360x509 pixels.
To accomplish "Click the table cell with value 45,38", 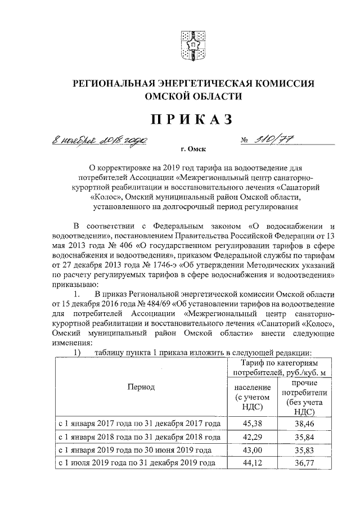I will pos(253,423).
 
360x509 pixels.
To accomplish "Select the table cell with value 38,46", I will pos(307,423).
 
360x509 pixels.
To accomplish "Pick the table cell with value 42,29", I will pos(253,437).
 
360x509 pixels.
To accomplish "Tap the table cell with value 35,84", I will pos(307,437).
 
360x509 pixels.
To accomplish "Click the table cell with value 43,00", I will pos(253,451).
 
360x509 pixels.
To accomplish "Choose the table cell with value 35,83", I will pos(307,451).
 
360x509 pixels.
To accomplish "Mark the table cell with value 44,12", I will pos(253,465).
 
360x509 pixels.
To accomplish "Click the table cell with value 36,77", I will pos(307,465).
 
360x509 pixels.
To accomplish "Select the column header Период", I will pos(140,387).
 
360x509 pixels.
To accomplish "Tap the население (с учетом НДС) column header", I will pos(253,397).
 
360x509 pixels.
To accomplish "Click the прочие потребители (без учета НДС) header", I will pos(307,397).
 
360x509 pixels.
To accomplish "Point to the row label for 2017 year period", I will pos(140,423).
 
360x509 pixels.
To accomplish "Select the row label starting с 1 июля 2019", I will pos(138,465).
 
